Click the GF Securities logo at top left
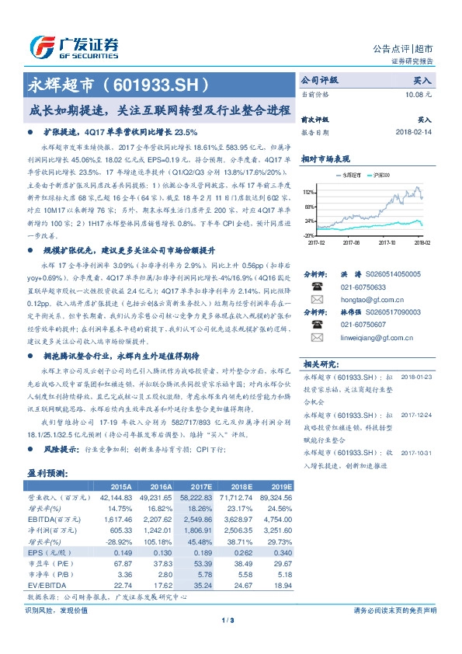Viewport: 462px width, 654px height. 75,45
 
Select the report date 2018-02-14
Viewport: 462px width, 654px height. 413,133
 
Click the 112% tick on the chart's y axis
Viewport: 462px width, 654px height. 309,191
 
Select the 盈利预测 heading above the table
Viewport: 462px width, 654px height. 47,472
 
